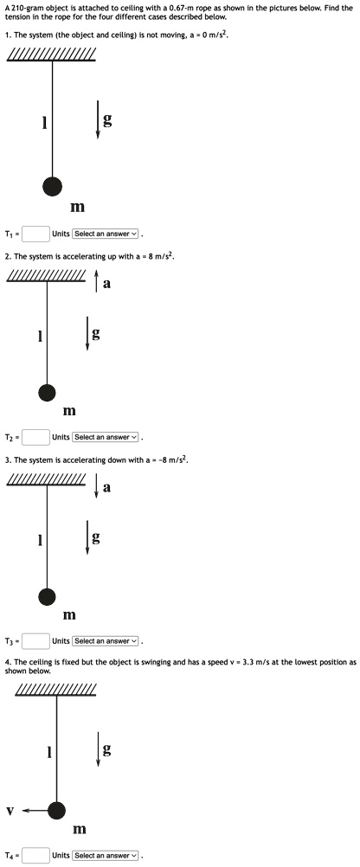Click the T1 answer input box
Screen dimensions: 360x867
coord(36,234)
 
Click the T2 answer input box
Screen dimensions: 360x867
coord(36,437)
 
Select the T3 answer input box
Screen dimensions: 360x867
coord(36,641)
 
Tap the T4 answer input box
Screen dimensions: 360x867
coord(36,855)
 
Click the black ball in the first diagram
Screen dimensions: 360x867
coord(53,186)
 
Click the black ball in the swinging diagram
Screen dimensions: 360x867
coord(56,811)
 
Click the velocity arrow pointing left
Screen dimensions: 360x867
coord(36,811)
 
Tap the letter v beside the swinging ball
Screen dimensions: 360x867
coord(10,811)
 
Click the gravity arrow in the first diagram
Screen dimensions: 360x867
coord(97,119)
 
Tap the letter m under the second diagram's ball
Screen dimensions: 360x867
coord(68,411)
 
